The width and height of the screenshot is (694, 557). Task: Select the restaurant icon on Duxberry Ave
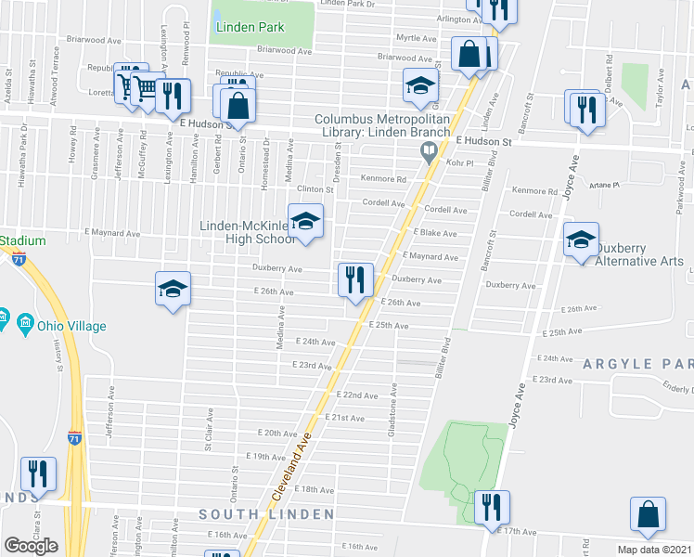click(354, 280)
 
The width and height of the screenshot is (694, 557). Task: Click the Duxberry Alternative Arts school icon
click(581, 241)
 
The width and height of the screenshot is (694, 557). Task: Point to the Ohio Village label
click(71, 326)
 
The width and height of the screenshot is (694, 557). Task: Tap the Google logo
click(31, 546)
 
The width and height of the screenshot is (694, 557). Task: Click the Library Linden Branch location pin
click(429, 151)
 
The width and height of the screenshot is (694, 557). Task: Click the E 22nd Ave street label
click(357, 395)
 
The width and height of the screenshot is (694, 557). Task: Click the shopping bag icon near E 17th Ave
click(648, 516)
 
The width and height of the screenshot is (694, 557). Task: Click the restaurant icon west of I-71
click(39, 475)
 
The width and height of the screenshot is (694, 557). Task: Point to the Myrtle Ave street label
click(417, 38)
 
